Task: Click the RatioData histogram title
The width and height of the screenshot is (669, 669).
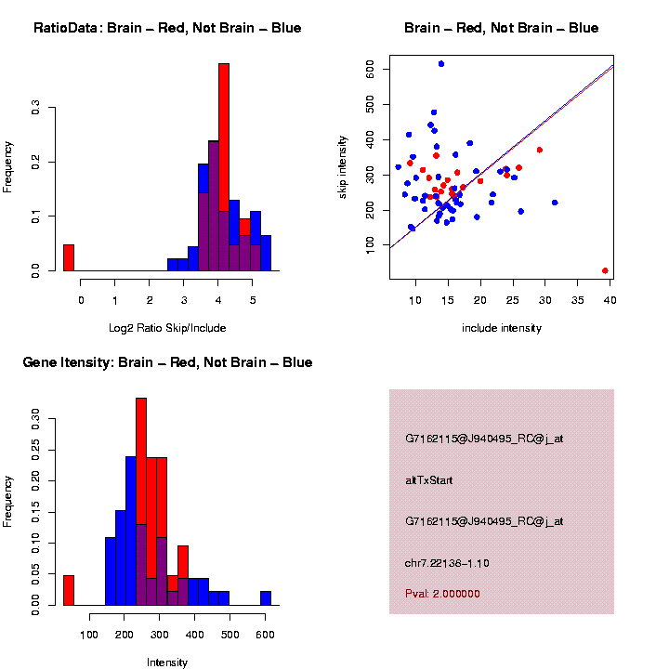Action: (x=167, y=28)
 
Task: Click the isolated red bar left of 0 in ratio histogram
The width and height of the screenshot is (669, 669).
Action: (x=69, y=257)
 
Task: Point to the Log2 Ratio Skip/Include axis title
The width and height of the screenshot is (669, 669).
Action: (x=167, y=327)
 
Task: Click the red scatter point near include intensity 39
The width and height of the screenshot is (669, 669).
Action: (x=605, y=270)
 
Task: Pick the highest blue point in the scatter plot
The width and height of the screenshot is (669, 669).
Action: (x=441, y=64)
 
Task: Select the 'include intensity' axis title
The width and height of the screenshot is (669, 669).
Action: (x=502, y=328)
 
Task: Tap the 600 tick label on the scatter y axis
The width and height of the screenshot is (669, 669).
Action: (x=370, y=68)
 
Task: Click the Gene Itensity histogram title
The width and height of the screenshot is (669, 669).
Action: (x=167, y=362)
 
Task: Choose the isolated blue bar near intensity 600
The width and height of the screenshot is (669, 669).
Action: (x=266, y=597)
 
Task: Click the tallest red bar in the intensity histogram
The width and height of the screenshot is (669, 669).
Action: (x=141, y=502)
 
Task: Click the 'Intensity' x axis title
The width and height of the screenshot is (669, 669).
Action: (x=167, y=662)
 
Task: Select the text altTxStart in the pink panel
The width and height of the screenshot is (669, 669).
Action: (x=429, y=480)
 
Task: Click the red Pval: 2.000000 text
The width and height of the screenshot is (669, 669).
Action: (x=442, y=593)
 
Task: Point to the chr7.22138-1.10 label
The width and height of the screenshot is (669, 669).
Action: (x=447, y=563)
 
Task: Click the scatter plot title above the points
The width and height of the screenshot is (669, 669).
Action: (x=502, y=28)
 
